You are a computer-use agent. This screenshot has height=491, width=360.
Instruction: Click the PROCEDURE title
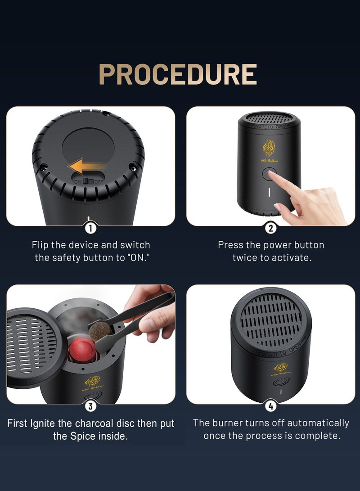pos(178,74)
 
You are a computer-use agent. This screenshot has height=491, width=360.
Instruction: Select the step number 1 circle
pos(90,228)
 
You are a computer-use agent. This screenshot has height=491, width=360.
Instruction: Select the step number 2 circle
pos(270,228)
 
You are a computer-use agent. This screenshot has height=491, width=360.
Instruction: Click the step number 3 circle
pos(90,406)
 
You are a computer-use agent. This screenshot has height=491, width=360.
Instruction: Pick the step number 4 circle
pos(270,406)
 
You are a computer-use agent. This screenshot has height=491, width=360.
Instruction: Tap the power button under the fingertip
pos(270,173)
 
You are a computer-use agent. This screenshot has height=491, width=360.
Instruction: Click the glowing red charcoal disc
pos(81,349)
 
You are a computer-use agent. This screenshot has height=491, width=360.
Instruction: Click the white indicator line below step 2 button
pos(270,192)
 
